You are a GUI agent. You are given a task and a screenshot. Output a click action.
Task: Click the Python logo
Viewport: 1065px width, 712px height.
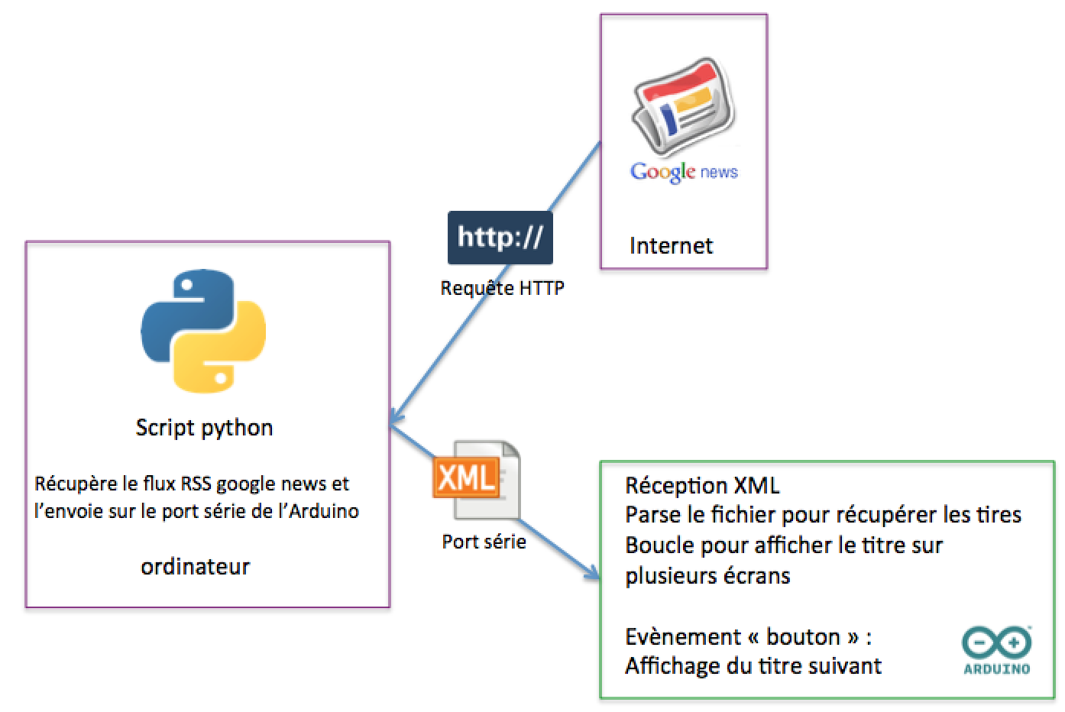tap(203, 331)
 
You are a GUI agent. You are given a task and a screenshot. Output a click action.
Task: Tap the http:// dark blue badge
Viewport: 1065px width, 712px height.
tap(500, 238)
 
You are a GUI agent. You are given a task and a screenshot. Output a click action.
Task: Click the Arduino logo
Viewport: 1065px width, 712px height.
tap(996, 651)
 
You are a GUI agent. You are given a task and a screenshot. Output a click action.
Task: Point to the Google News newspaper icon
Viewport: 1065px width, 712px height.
tap(682, 105)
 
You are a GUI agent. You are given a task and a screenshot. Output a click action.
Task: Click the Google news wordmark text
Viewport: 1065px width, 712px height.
tap(684, 172)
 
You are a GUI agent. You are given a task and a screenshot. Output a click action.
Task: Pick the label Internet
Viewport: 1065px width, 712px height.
tap(671, 246)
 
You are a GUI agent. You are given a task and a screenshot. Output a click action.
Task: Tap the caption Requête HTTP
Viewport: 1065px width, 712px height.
tap(502, 289)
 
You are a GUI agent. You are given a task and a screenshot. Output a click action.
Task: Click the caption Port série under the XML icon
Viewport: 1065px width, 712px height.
tap(484, 542)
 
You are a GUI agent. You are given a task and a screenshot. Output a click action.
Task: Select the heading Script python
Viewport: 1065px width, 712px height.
tap(204, 427)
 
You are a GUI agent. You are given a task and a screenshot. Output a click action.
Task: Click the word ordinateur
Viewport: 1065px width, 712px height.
tap(196, 567)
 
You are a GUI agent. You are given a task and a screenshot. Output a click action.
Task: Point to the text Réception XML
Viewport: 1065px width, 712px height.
tap(702, 485)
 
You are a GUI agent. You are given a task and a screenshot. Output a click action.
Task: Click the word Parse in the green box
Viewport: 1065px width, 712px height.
tap(649, 515)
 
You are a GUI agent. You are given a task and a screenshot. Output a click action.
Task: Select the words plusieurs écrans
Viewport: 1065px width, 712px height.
tap(707, 575)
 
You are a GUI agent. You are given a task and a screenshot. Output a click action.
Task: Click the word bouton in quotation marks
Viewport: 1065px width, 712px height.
tap(802, 636)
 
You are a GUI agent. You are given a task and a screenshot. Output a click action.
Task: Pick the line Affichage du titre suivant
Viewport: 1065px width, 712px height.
tap(753, 666)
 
